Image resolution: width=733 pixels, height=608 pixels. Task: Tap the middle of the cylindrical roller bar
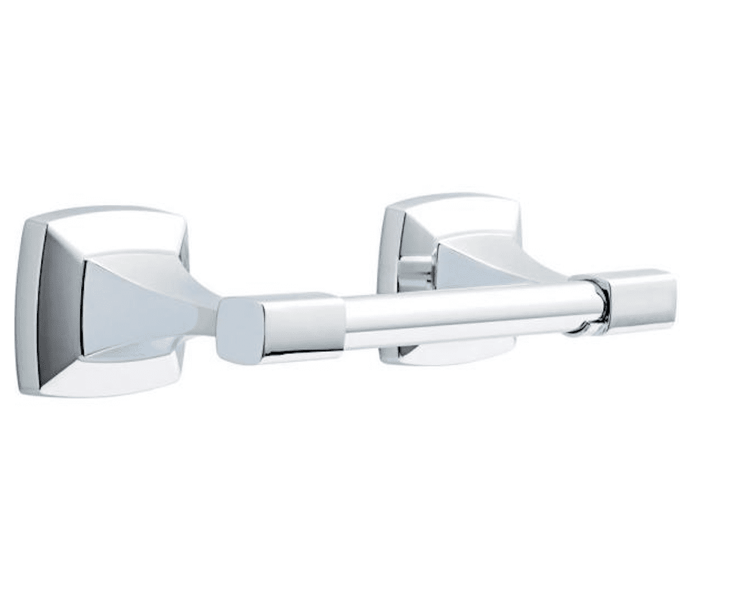[456, 316]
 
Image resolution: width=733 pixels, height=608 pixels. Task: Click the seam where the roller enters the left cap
[345, 322]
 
